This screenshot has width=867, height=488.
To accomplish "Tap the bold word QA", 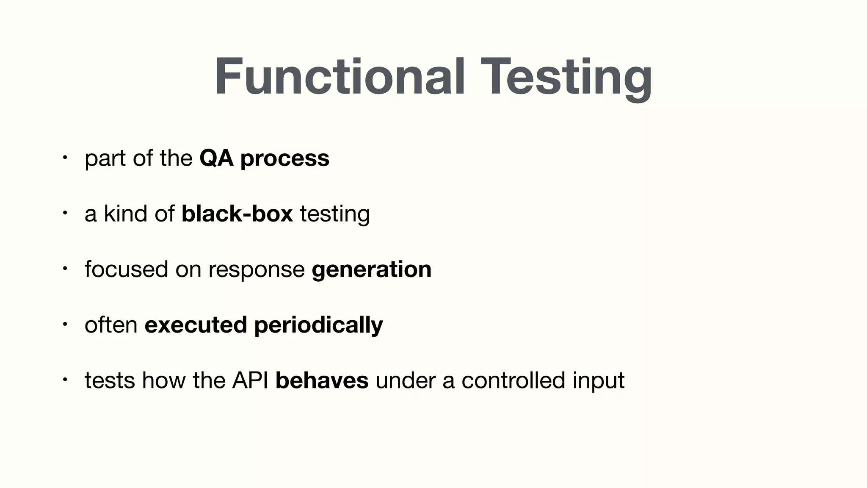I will coord(216,158).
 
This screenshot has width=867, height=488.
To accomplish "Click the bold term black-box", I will coord(237,213).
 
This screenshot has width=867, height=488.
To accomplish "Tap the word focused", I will coord(126,269).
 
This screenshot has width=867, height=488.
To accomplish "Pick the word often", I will coord(111,325).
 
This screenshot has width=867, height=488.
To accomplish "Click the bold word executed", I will coord(196,325).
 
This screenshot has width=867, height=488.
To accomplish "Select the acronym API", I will coord(250,380).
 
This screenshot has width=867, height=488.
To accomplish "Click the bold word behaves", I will coord(322,380).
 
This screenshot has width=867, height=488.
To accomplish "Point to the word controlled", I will coord(513,380).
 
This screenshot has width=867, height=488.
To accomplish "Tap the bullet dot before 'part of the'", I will coord(64,158).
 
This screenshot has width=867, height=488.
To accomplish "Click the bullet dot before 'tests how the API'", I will coord(64,380).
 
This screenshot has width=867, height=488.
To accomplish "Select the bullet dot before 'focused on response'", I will coord(64,269).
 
